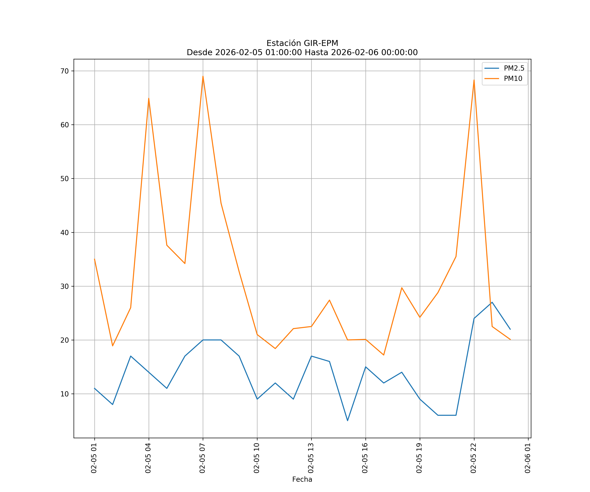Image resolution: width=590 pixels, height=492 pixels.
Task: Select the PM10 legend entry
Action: (513, 79)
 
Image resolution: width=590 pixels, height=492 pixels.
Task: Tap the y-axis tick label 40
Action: (65, 233)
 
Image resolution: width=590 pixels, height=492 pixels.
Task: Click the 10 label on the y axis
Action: (65, 394)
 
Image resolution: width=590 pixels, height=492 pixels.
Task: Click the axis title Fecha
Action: (302, 479)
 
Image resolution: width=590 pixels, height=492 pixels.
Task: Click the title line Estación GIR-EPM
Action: (302, 43)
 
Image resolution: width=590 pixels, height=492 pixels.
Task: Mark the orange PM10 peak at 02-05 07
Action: (203, 76)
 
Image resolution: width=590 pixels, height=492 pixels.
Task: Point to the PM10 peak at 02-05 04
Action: (149, 98)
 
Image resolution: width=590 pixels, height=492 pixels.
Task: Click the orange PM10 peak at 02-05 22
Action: (474, 80)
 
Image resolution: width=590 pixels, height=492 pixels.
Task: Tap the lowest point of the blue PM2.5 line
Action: (348, 421)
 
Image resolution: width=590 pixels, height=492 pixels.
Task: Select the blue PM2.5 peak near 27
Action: (492, 302)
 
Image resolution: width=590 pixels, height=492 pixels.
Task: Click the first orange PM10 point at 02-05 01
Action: (94, 259)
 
